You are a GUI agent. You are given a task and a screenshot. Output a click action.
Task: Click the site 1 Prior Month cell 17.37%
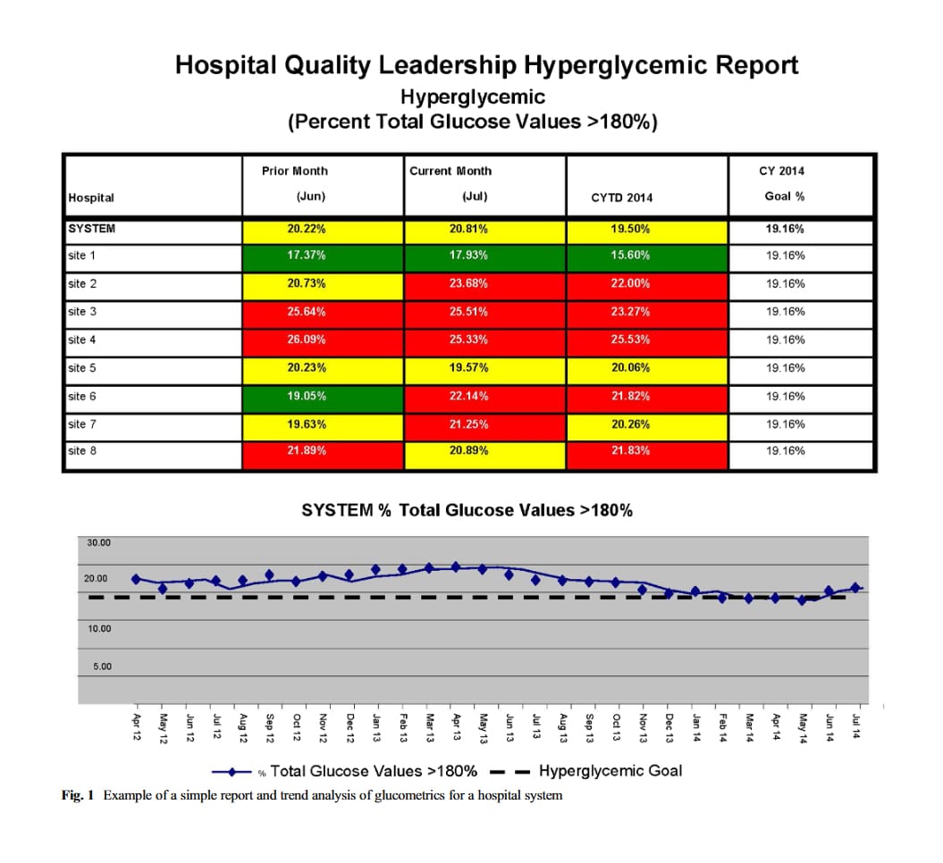[x=306, y=256]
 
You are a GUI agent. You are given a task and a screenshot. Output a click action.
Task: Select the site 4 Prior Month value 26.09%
[x=306, y=339]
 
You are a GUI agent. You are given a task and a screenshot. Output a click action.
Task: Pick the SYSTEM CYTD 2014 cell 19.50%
[x=630, y=229]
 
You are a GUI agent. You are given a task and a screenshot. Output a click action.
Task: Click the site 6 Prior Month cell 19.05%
[x=306, y=396]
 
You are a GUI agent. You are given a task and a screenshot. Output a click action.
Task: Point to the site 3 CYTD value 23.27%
[x=630, y=312]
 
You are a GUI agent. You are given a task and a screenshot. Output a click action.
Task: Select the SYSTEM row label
[x=91, y=229]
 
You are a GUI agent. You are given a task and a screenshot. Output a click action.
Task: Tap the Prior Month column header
[x=295, y=171]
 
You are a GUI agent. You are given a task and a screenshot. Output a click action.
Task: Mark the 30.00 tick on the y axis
[x=98, y=542]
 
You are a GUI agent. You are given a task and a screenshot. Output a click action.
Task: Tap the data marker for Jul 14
[x=855, y=587]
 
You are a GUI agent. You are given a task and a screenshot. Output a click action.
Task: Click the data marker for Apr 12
[x=136, y=579]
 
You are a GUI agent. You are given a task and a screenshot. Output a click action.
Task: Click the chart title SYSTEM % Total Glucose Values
[x=467, y=510]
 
